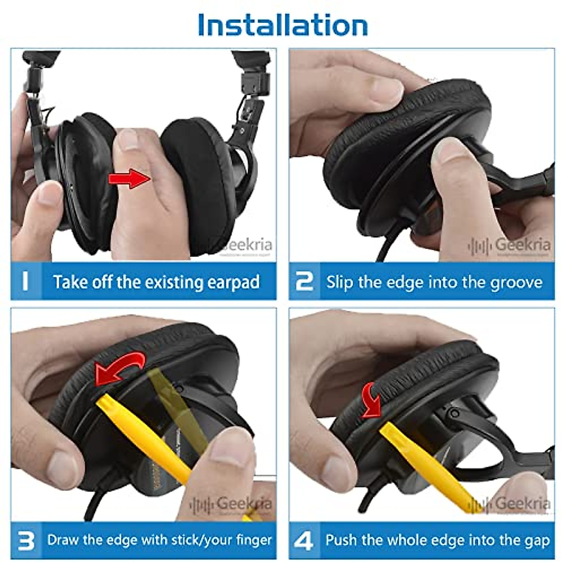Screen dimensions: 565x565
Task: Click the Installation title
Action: [x=282, y=25]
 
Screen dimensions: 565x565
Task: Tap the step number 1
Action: [x=25, y=281]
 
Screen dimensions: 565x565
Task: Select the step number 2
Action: [x=304, y=281]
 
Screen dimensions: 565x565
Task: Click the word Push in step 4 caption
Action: [x=342, y=540]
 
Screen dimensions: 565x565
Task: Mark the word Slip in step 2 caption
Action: [x=340, y=282]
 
